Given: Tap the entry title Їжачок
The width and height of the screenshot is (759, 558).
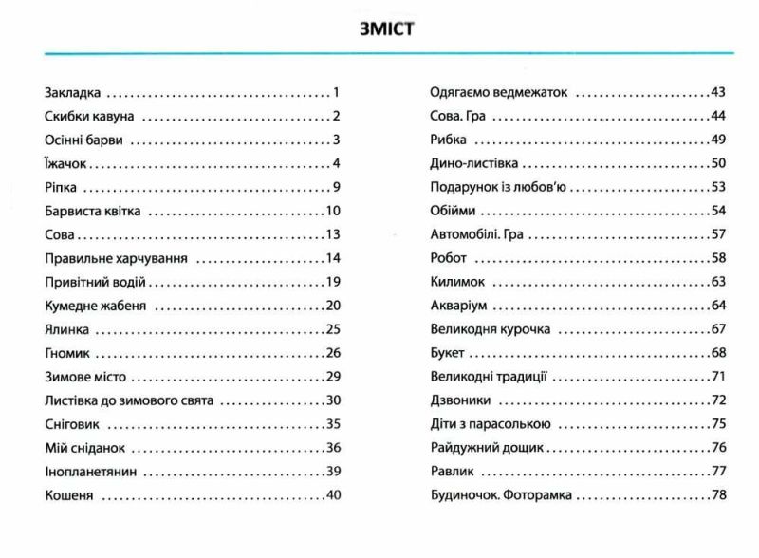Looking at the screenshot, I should [66, 163].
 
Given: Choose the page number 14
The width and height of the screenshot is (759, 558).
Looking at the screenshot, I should [332, 258].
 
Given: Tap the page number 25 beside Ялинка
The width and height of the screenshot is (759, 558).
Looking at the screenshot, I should [332, 329].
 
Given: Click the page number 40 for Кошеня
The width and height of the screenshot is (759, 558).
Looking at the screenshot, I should [332, 495].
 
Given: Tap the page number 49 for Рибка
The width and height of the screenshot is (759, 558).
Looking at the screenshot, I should [717, 139].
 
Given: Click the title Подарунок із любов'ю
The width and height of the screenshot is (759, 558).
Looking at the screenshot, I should [497, 187].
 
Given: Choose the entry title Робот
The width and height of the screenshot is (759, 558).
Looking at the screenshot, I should [449, 258].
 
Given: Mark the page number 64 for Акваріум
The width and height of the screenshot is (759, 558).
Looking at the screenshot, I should [717, 306].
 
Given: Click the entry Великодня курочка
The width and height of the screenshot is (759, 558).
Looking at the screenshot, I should [490, 329].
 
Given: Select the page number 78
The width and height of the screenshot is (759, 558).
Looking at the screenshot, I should [717, 495].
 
